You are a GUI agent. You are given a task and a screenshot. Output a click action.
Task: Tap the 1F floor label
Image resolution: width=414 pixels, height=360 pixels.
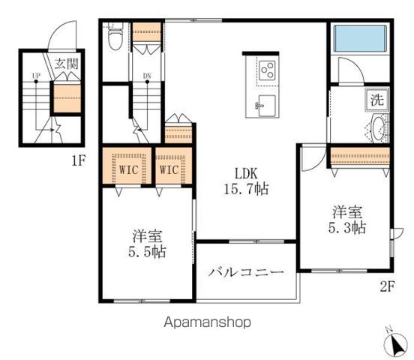tap(78, 159)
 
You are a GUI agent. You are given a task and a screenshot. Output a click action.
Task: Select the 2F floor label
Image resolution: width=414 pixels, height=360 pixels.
tap(387, 285)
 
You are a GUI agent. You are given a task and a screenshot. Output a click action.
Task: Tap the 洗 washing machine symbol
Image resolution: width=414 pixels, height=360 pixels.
tap(376, 99)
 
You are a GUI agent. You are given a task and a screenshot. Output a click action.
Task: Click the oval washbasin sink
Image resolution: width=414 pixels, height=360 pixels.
tap(376, 127)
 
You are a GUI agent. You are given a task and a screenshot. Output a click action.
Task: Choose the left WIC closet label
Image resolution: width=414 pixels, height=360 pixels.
tap(125, 169)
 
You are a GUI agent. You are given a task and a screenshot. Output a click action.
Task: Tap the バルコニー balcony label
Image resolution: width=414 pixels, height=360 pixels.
tap(246, 271)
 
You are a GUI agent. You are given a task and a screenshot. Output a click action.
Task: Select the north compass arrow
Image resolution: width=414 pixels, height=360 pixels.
tap(393, 343)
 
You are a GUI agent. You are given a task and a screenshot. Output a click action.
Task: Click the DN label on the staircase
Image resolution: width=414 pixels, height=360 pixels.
tap(147, 76)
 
